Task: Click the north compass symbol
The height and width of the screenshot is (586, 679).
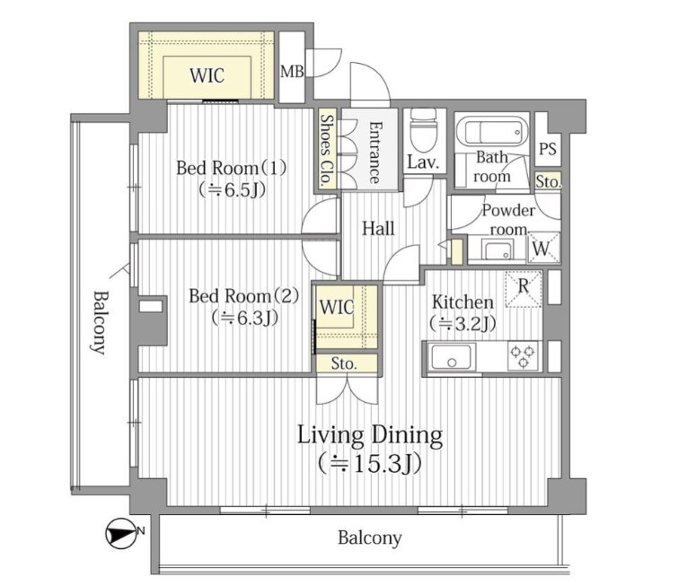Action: pos(119,533)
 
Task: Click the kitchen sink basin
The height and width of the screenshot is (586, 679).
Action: pos(451,356)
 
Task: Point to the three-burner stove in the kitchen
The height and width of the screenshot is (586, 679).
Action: pos(523,356)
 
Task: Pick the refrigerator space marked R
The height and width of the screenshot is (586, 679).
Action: pos(523,289)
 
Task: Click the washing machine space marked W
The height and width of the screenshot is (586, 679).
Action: pos(542,249)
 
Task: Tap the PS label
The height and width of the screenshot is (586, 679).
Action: pos(548,149)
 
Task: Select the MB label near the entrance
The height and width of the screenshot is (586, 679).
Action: pos(292,72)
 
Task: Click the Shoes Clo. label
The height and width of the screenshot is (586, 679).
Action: pos(327,150)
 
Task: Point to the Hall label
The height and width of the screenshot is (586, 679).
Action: pos(378,229)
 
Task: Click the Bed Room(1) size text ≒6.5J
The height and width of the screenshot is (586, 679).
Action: pos(232,190)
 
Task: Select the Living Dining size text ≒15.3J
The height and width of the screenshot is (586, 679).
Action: pos(370,464)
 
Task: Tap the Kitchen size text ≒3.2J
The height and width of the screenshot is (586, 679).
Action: pos(463,323)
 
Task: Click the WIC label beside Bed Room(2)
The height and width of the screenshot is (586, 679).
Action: pos(337,308)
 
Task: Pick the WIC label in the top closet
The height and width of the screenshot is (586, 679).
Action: pos(207,75)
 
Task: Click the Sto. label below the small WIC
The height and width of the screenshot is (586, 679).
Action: pos(344,364)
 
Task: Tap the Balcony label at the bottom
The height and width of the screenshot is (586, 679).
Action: pos(370,538)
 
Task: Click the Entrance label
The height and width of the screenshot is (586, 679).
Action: pos(375,153)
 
